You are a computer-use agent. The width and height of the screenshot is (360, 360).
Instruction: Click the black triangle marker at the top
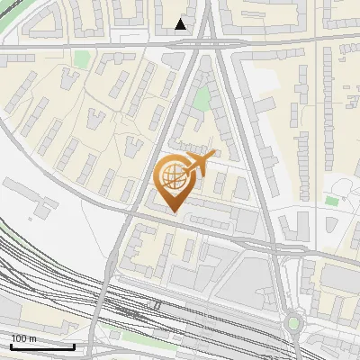point(181,24)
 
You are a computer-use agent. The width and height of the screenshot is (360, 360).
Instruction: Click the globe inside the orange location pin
point(172,178)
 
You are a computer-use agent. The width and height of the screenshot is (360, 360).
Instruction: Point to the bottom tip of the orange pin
point(173,211)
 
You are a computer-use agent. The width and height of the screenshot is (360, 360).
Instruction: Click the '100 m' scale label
point(24,337)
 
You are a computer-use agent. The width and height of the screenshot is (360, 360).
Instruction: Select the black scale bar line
point(42,346)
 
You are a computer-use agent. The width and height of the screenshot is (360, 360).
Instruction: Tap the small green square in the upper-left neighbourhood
point(83,59)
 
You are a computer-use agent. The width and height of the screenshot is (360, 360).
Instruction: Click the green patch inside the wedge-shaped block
point(203,97)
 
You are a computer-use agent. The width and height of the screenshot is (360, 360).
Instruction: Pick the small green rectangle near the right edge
point(333,200)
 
